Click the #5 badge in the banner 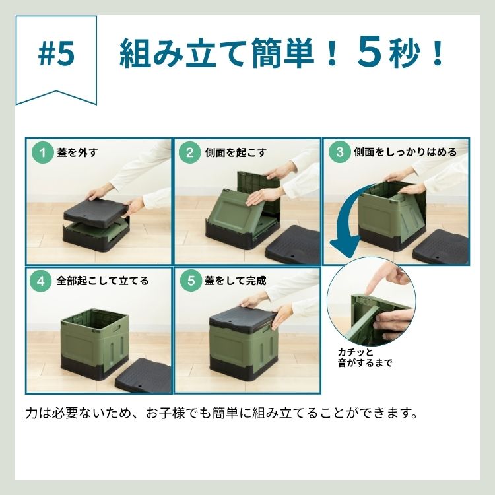[57, 55]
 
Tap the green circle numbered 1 [42, 152]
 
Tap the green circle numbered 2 [189, 152]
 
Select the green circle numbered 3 [339, 152]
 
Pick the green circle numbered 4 [42, 280]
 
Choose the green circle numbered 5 [190, 280]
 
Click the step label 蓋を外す [78, 152]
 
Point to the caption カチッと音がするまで [364, 357]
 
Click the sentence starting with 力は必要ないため [221, 414]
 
